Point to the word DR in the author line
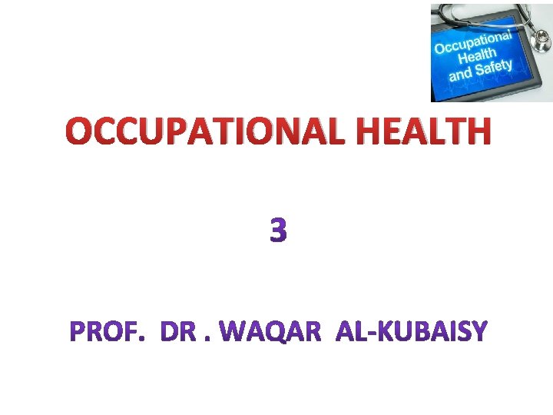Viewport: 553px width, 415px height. pos(180,332)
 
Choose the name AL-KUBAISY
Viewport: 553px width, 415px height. pos(412,332)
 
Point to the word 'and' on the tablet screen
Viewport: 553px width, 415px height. pos(461,75)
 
